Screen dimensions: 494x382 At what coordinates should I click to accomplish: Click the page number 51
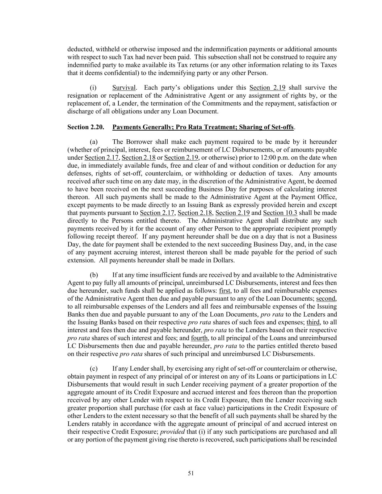click(191, 473)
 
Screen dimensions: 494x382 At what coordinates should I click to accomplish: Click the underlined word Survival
click(124, 88)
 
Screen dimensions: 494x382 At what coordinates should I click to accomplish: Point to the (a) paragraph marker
click(93, 142)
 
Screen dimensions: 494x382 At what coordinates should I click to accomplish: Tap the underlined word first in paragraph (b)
click(225, 291)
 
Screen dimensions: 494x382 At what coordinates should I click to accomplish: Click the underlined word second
click(326, 299)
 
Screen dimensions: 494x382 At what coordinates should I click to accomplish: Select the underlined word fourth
click(199, 338)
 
